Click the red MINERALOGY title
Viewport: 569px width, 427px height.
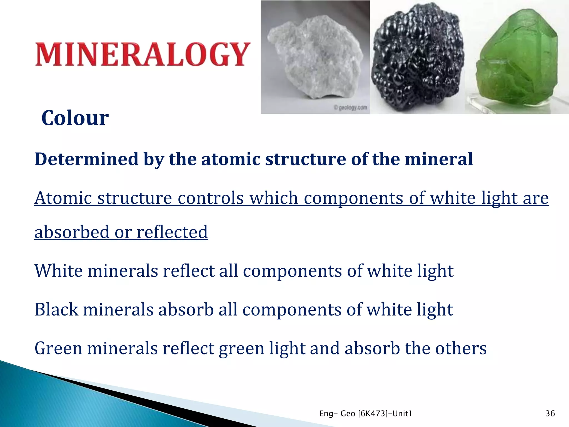click(x=143, y=54)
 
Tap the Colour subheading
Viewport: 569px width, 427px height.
click(x=75, y=118)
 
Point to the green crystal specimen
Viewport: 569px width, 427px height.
click(x=517, y=58)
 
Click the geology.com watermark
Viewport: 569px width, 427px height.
click(x=351, y=107)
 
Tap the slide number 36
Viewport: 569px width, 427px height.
click(x=550, y=414)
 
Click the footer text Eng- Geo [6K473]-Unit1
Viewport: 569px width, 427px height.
click(x=366, y=414)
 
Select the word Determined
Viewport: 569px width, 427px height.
click(x=86, y=159)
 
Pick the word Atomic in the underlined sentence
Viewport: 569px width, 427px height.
click(x=63, y=198)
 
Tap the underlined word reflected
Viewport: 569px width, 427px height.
click(x=172, y=232)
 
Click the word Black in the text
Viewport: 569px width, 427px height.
click(x=56, y=309)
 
